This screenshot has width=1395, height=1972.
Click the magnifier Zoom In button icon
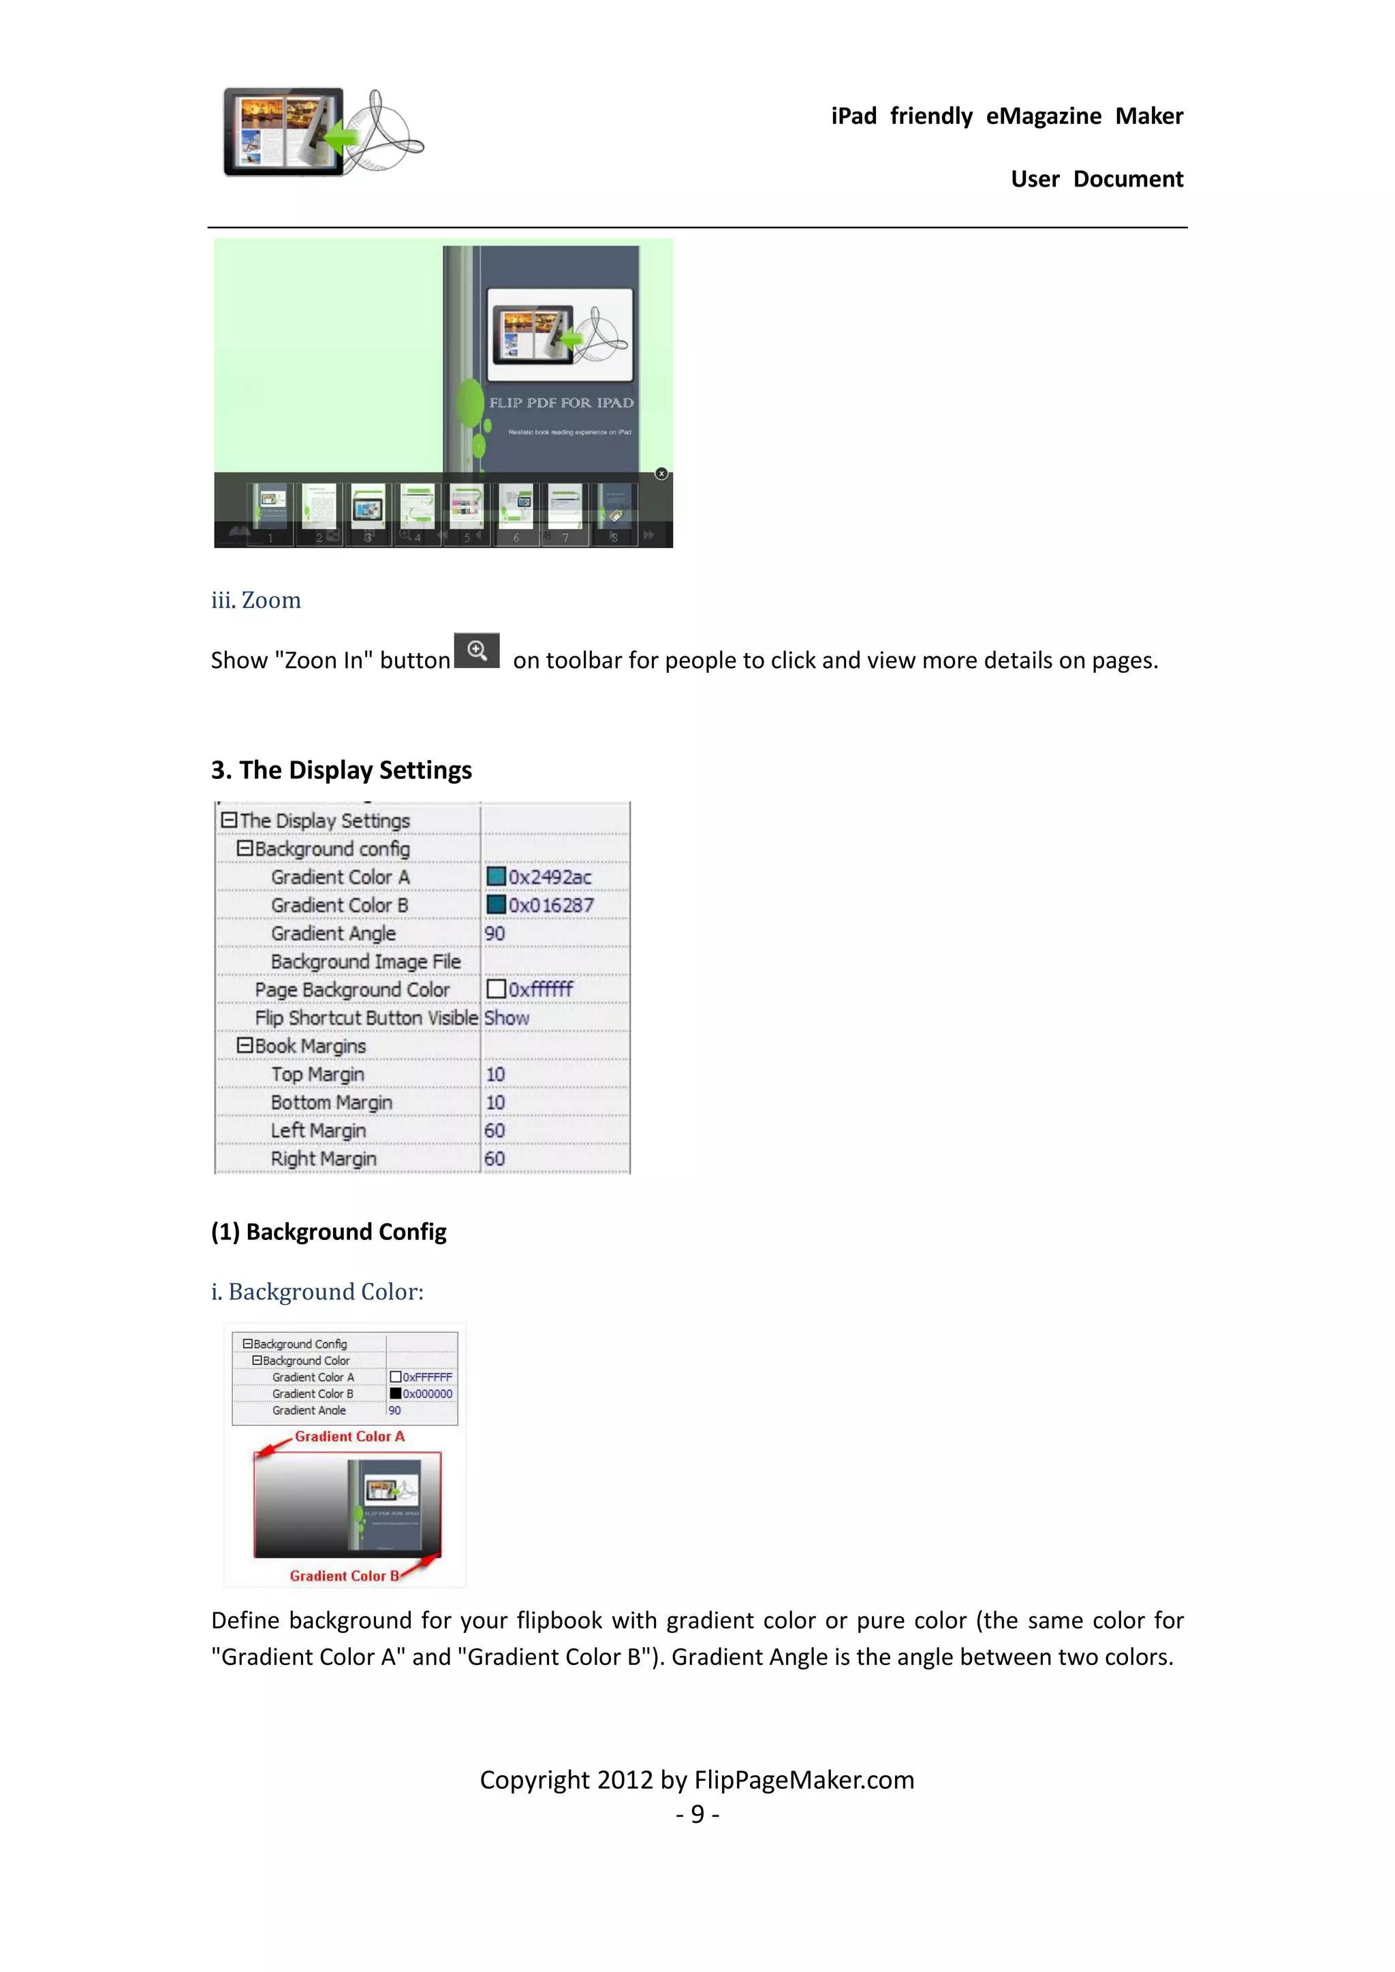[x=477, y=650]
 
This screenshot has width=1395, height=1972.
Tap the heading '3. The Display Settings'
[x=341, y=769]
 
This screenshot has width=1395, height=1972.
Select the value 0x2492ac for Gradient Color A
[x=550, y=877]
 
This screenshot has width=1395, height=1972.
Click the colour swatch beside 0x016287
[x=496, y=904]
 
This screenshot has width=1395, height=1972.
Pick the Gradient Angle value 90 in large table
[x=495, y=934]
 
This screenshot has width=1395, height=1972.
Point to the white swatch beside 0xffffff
[x=496, y=989]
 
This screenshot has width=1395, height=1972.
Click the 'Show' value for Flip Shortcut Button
[x=507, y=1018]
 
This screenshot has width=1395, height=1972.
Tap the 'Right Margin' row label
[x=324, y=1159]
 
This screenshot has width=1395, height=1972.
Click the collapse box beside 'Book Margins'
[x=245, y=1045]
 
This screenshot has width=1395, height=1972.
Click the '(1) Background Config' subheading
[x=329, y=1232]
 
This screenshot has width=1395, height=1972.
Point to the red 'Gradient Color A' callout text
[x=349, y=1436]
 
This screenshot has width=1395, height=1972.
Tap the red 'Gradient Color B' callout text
[x=343, y=1576]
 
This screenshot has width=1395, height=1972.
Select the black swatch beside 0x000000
[x=395, y=1393]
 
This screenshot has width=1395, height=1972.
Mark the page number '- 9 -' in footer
[x=697, y=1814]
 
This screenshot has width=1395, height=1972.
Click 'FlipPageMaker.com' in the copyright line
[x=804, y=1779]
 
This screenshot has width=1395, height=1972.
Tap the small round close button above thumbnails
[x=661, y=473]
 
